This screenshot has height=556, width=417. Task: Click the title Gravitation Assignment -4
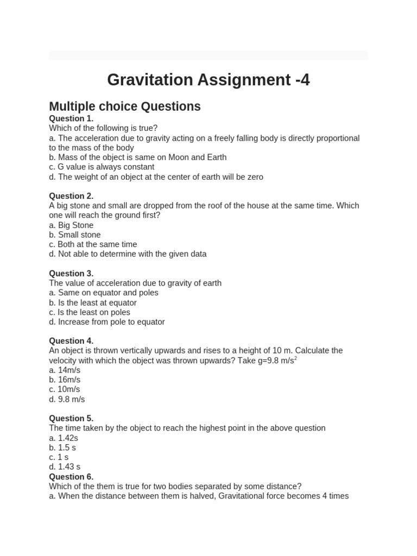point(208,80)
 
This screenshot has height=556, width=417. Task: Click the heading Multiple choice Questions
point(125,106)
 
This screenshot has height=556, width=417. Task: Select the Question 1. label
point(71,118)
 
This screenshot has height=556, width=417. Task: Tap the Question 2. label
point(71,196)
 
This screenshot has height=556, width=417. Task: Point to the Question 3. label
point(71,274)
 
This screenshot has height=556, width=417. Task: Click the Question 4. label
point(71,341)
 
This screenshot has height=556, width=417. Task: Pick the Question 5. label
point(71,419)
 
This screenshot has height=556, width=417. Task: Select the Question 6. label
point(71,477)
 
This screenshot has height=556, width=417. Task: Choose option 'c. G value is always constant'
point(102,167)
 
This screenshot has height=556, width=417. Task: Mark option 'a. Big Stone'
point(71,225)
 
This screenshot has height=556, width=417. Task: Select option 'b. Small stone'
point(75,235)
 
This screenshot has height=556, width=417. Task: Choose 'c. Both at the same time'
point(93,245)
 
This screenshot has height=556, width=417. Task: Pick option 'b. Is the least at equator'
point(93,303)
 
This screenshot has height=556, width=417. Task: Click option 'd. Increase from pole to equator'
point(107,322)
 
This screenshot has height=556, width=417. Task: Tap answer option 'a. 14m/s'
point(65,370)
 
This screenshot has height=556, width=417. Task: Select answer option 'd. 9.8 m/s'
point(67,400)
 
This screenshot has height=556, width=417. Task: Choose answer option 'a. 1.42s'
point(64,438)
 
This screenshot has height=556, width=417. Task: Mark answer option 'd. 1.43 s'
point(65,467)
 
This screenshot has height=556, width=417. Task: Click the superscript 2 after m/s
point(295,358)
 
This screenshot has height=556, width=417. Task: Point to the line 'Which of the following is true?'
point(103,128)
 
